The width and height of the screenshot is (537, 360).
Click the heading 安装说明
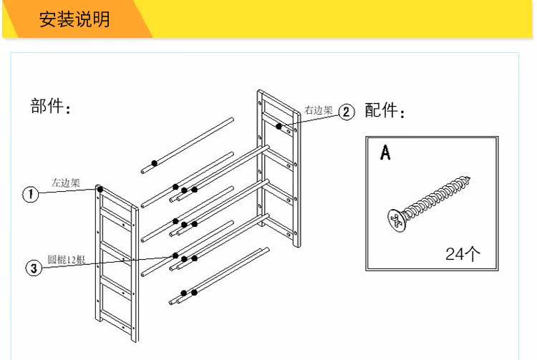[x=74, y=19]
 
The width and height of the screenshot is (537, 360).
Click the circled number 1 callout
[x=30, y=195]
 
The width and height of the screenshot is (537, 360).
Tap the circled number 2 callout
[x=346, y=112]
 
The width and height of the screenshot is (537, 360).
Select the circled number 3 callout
[x=32, y=268]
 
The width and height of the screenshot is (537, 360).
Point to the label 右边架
[x=318, y=110]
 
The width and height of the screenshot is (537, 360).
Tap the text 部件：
[x=52, y=107]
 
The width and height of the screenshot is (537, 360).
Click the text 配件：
[x=385, y=112]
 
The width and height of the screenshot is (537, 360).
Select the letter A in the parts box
[x=385, y=152]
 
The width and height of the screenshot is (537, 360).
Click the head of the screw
[x=396, y=219]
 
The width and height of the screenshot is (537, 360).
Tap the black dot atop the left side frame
[x=100, y=190]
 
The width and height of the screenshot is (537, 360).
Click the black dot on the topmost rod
[x=154, y=164]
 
